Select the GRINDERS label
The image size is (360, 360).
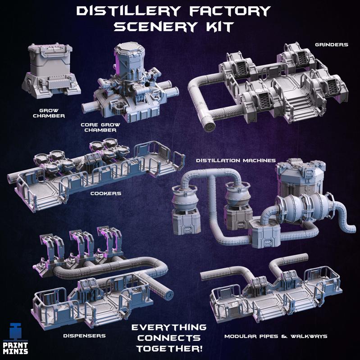pos(333,45)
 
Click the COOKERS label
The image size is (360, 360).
pos(105,193)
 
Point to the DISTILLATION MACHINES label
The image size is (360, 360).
pos(236,160)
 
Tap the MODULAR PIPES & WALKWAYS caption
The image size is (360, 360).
pos(276,336)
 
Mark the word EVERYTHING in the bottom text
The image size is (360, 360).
pos(169,327)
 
